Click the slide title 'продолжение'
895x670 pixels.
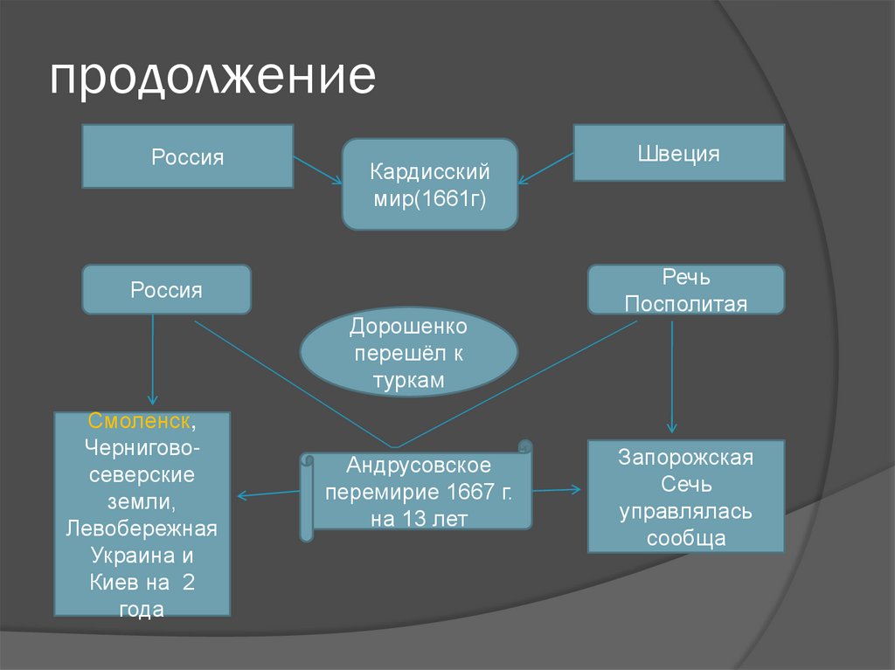[x=212, y=77]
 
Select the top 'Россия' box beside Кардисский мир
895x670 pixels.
[x=187, y=156]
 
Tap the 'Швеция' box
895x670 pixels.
[x=678, y=153]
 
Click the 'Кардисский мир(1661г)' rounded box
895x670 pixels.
[x=429, y=183]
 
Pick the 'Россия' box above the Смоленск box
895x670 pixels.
[x=166, y=289]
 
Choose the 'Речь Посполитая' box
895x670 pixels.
[x=685, y=290]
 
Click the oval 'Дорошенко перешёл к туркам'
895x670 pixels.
[x=408, y=353]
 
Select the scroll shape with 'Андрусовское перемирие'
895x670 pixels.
[x=418, y=491]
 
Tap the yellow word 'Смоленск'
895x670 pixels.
[x=140, y=421]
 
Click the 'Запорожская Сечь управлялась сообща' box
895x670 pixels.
[x=685, y=496]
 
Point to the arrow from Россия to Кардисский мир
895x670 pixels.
[x=317, y=169]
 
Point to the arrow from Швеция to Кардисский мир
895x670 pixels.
[x=545, y=169]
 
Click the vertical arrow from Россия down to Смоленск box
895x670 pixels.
[x=153, y=358]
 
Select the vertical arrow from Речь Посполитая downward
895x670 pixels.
[x=671, y=376]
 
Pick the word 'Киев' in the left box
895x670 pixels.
[x=112, y=582]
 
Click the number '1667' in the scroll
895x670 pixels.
[x=471, y=491]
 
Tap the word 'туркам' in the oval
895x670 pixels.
[x=408, y=381]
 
